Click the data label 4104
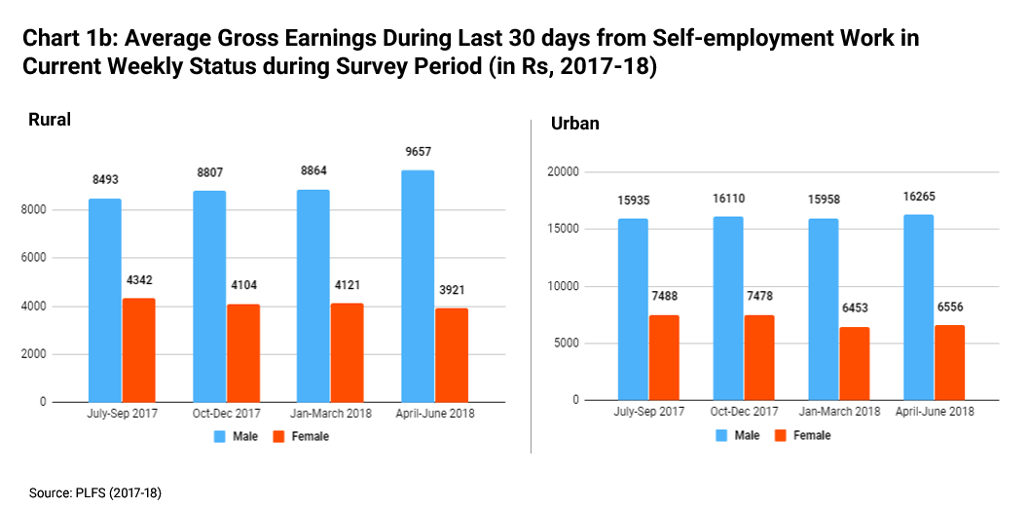coord(243,286)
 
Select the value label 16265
coord(918,196)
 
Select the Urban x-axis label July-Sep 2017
coord(649,412)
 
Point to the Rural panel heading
coord(49,120)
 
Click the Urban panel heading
coord(574,124)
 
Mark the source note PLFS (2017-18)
coord(121,493)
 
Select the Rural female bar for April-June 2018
coord(452,354)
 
